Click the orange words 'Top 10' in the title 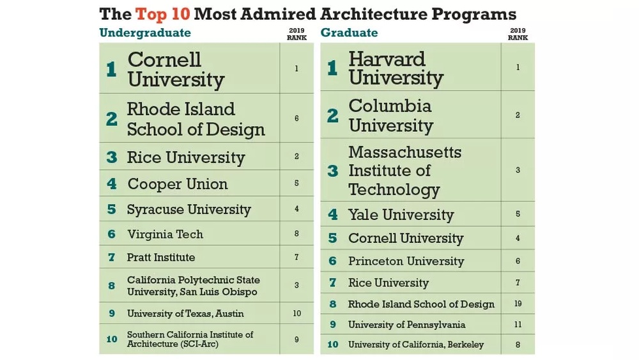(x=158, y=13)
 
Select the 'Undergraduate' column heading (x=145, y=33)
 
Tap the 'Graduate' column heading (x=349, y=33)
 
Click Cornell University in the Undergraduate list (x=176, y=70)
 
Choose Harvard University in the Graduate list (x=396, y=68)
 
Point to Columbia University (x=390, y=115)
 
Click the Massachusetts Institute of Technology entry (x=404, y=171)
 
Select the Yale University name (x=401, y=215)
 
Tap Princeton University (x=406, y=261)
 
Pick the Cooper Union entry (x=178, y=184)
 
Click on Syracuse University (x=189, y=210)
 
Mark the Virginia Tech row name (x=165, y=234)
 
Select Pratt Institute (x=161, y=257)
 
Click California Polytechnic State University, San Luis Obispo (x=193, y=286)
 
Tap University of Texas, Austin (x=185, y=313)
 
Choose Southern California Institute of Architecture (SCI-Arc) (x=190, y=340)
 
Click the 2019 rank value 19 (x=518, y=304)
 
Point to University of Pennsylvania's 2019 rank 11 (x=518, y=324)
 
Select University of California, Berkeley (x=415, y=345)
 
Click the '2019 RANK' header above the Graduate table (x=518, y=34)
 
